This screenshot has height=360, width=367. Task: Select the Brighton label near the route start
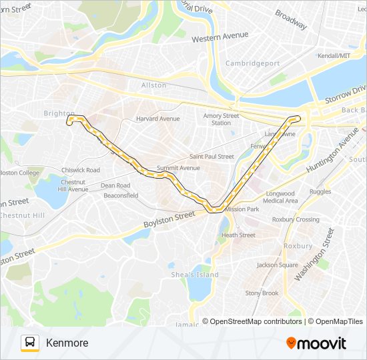click(x=58, y=113)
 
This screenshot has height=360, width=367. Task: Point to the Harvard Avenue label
click(x=157, y=119)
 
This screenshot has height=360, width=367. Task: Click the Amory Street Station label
click(x=221, y=119)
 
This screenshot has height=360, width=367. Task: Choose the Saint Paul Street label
click(x=212, y=157)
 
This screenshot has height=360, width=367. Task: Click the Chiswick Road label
click(x=79, y=170)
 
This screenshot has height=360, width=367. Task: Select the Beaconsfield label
click(x=121, y=195)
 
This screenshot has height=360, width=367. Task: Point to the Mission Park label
click(x=242, y=209)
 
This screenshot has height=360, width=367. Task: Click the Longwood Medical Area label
click(x=280, y=197)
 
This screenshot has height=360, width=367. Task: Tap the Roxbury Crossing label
click(x=296, y=219)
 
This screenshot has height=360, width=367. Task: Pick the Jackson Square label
click(x=277, y=265)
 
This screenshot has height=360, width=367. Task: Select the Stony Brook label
click(x=262, y=293)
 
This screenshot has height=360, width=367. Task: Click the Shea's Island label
click(x=196, y=275)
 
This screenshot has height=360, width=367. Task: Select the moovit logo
click(x=316, y=343)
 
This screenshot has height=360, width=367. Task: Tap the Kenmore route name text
click(x=67, y=343)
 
